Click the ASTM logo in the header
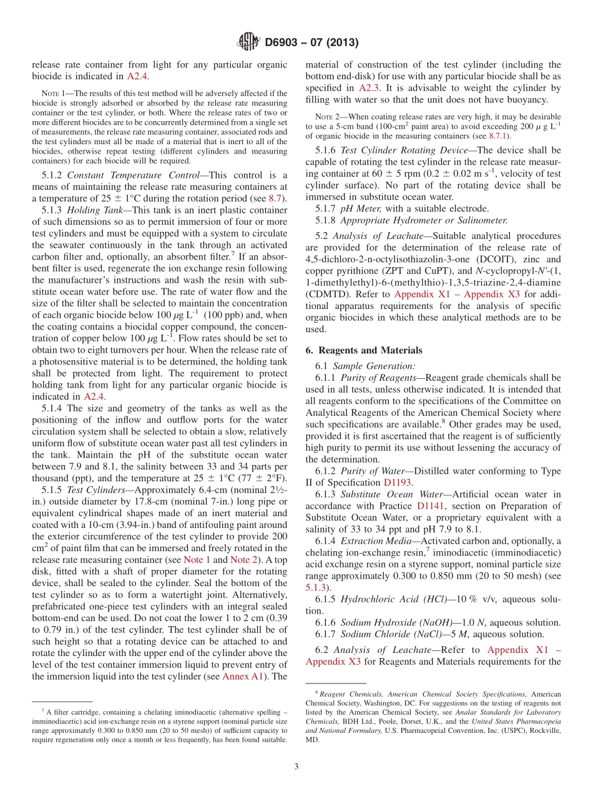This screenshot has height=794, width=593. point(249,42)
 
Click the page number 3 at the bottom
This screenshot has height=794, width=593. point(296,766)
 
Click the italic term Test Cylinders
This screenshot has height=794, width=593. point(95,473)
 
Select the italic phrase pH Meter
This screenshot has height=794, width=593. point(357,208)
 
